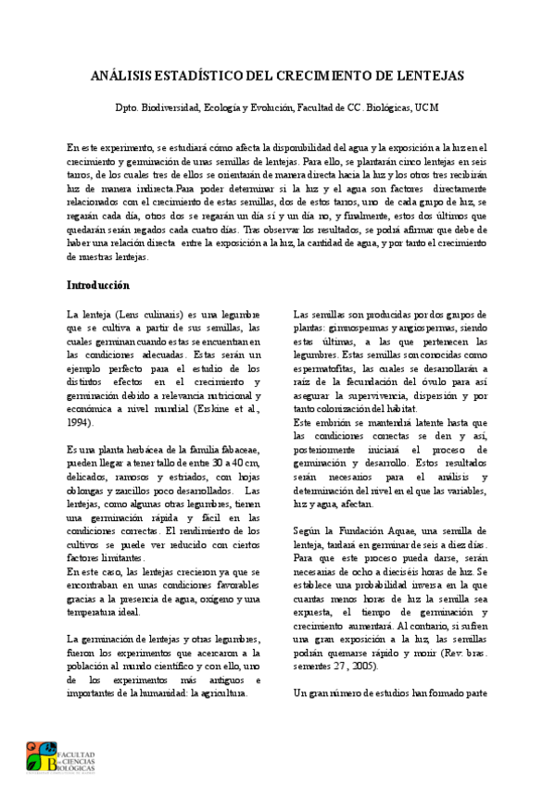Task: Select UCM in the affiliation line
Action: [x=427, y=108]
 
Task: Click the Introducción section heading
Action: [x=98, y=285]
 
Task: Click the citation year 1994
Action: [x=81, y=422]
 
